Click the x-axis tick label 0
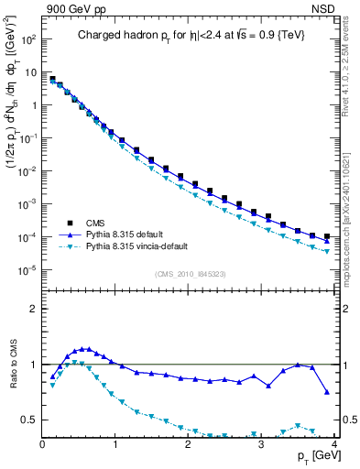coord(43,445)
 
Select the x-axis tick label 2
coord(188,445)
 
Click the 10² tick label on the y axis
coord(27,40)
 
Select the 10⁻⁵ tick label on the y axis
coord(27,269)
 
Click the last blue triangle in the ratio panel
coord(327,392)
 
